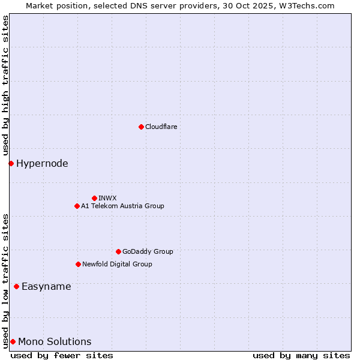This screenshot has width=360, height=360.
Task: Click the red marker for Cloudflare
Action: pos(141,127)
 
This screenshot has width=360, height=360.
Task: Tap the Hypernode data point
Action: pos(11,163)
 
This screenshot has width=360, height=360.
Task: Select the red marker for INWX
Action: pos(94,198)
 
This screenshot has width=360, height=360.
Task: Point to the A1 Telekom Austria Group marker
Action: pos(77,206)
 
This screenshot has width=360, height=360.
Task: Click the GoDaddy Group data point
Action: pos(118,251)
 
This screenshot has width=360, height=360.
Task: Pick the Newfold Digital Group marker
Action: pos(78,264)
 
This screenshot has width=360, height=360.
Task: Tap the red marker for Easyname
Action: pos(16,286)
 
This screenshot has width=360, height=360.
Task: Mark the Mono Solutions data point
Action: pos(13,341)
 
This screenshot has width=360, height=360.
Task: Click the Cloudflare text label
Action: pos(161,127)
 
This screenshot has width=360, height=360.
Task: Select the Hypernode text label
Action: pos(42,163)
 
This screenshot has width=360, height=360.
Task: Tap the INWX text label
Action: pos(107,198)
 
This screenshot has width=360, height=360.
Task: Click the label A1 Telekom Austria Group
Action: pos(122,206)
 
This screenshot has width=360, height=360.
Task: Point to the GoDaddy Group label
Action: pos(148,251)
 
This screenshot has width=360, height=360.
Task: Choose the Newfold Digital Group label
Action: pos(117,264)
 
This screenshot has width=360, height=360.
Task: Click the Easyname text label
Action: pos(46,286)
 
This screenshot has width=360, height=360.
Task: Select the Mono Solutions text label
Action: pos(55,341)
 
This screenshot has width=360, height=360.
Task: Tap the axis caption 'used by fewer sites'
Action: pos(62,355)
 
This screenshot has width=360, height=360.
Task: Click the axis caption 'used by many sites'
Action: pos(301,355)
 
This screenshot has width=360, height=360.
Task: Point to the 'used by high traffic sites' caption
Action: pos(5,85)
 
